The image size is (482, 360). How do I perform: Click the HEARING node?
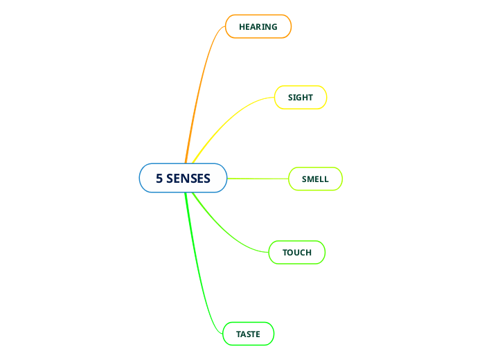tap(258, 27)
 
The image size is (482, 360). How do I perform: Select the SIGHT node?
tap(301, 98)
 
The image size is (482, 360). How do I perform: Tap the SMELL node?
tap(315, 179)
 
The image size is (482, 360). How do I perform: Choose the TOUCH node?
tap(297, 253)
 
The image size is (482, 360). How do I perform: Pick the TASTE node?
tap(248, 334)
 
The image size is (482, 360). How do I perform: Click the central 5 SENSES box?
tap(183, 178)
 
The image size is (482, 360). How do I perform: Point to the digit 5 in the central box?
tap(159, 179)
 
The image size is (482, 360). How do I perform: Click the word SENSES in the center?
tap(188, 179)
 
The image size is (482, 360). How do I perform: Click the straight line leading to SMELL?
tap(258, 179)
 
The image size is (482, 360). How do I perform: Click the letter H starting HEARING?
tap(242, 27)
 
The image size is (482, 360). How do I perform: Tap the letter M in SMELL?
tap(311, 179)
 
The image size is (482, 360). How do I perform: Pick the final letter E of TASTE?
tap(258, 334)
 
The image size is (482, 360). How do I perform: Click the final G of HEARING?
tap(274, 27)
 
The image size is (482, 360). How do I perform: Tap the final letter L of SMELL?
tap(326, 179)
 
